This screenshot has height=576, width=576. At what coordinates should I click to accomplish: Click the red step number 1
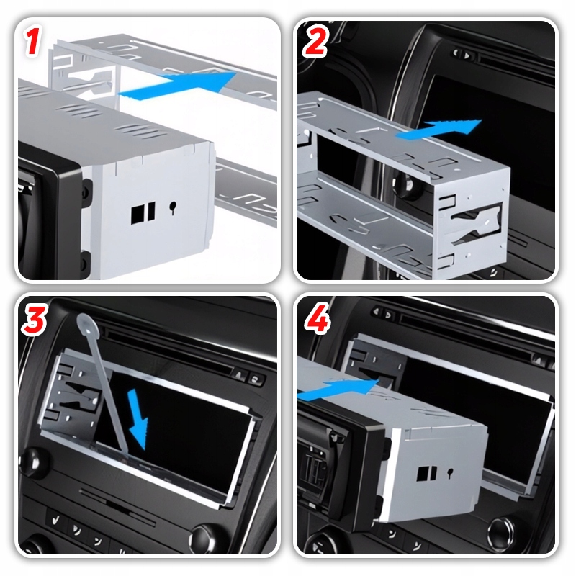click(33, 42)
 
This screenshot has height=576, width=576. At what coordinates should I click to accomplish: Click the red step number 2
click(315, 42)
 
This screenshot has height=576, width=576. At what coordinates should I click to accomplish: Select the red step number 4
click(317, 318)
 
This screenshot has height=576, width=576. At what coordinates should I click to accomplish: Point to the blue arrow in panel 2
click(439, 130)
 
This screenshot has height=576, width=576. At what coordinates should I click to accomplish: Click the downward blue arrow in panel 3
click(138, 420)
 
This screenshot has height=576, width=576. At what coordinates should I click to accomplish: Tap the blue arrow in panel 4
click(337, 390)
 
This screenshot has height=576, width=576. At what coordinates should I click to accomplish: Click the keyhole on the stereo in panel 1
click(173, 208)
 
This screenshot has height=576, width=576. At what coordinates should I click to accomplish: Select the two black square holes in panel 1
click(143, 213)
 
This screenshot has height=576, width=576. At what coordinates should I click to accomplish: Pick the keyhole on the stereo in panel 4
click(450, 473)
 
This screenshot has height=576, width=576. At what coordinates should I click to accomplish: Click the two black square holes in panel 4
click(427, 474)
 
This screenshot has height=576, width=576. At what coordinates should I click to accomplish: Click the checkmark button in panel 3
click(56, 520)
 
